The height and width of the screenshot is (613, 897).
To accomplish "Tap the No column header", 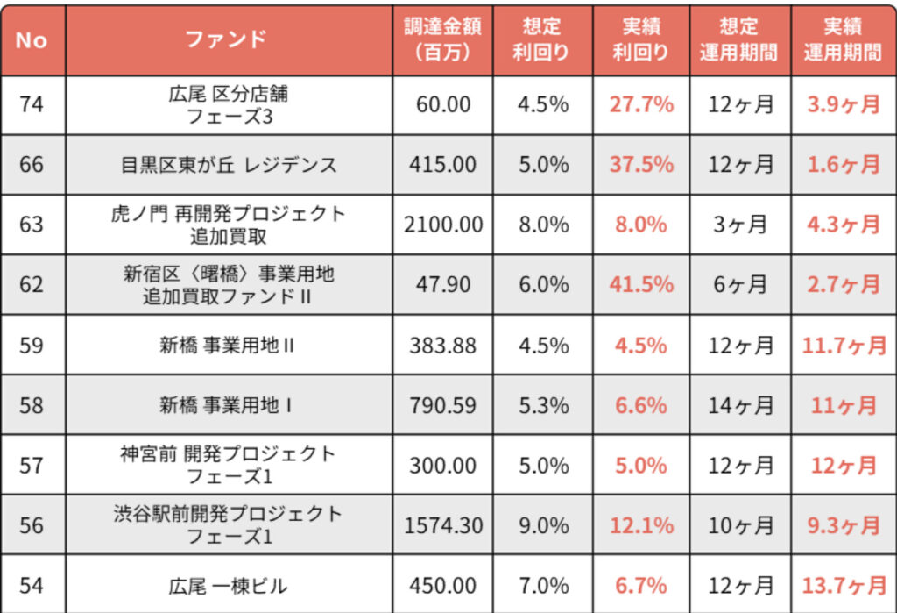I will click(x=32, y=40).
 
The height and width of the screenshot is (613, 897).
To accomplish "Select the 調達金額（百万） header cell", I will click(x=442, y=39).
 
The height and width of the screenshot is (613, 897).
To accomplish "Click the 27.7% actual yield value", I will click(x=641, y=104).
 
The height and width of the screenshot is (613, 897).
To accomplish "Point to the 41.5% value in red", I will click(x=641, y=284).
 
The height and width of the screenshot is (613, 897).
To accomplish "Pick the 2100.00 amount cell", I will click(x=443, y=225).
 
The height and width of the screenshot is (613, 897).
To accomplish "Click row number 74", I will click(x=32, y=104).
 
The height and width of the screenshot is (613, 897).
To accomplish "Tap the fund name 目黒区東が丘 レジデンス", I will click(x=229, y=164).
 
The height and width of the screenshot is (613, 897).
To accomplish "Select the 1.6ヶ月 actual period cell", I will click(x=843, y=164).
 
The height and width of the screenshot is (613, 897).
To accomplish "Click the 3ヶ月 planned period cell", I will click(x=740, y=225).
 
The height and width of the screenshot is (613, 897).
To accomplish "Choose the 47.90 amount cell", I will click(x=443, y=284).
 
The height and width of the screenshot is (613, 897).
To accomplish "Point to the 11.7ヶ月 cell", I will click(x=843, y=345).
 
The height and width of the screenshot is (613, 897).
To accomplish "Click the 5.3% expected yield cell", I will click(x=542, y=405).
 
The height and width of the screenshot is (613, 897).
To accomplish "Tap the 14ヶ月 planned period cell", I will click(x=740, y=405).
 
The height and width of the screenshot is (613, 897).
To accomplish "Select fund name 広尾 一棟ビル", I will click(x=229, y=586).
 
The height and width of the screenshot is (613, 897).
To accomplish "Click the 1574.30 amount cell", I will click(x=443, y=525).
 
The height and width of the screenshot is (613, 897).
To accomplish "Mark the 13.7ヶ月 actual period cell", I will click(x=843, y=586).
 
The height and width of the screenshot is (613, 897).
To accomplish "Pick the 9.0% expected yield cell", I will click(x=542, y=525).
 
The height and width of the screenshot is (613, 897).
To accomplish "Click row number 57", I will click(x=32, y=465).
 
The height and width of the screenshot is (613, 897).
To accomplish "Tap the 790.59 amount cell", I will click(x=443, y=405).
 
